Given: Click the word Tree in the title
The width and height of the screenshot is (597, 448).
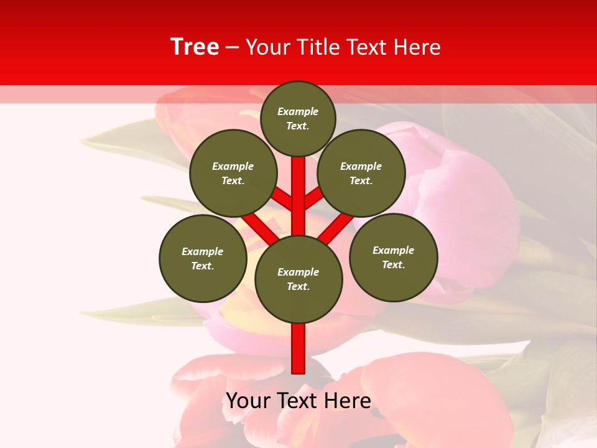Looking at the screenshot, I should point(195,47).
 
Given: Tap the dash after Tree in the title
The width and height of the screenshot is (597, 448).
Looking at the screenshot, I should point(232,48).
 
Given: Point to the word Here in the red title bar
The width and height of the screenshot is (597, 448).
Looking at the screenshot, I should point(417,47).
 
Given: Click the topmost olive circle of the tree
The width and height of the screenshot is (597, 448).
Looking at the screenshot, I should point(298,118).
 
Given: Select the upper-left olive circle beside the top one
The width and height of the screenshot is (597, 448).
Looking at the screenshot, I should point(233,173).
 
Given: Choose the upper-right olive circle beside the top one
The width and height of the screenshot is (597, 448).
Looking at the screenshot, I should point(361,173).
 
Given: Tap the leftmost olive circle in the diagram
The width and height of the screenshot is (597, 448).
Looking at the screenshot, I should point(203,258).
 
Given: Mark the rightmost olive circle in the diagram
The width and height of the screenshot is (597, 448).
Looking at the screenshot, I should point(393,257).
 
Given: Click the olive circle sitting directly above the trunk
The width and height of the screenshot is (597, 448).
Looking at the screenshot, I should point(298,279).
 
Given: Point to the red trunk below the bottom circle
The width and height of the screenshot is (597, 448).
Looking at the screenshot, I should point(298,348).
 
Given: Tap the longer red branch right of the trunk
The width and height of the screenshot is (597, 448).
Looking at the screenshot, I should point(336,228).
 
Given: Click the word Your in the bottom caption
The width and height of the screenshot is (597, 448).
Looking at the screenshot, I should point(248,401).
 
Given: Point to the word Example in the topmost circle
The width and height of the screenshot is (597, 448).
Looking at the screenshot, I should point(298,111).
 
